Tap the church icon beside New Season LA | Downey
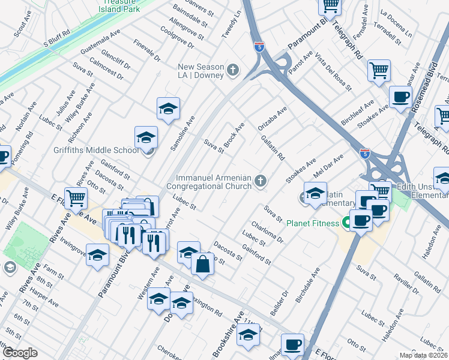pos(234,70)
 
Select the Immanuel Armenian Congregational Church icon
pos(261,181)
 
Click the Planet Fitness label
pos(312,223)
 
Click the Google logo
pos(20,353)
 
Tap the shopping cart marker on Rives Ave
pos(76,197)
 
